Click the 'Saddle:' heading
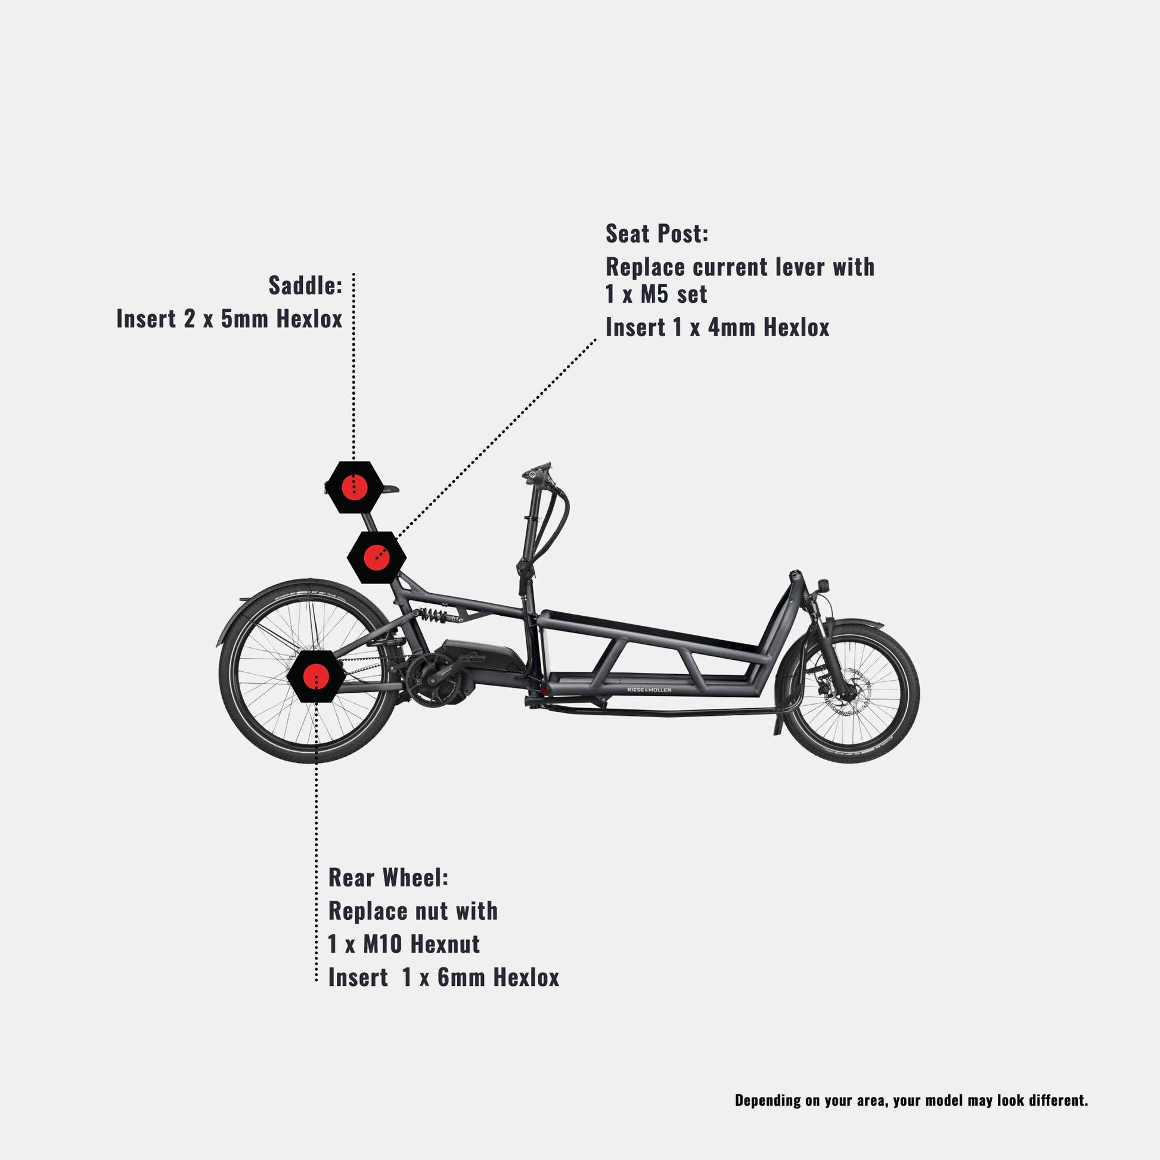point(305,285)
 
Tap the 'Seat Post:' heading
point(657,234)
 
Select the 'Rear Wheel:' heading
point(388,877)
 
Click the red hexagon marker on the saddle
point(354,487)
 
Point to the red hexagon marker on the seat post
point(377,557)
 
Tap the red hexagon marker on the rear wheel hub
point(316,676)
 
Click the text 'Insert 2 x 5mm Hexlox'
point(229,319)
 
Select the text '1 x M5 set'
point(656,294)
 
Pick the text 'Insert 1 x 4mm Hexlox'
point(717,328)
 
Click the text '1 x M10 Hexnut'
point(404,944)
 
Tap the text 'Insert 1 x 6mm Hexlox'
point(443,978)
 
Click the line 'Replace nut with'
point(412,911)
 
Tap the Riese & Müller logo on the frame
point(649,690)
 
